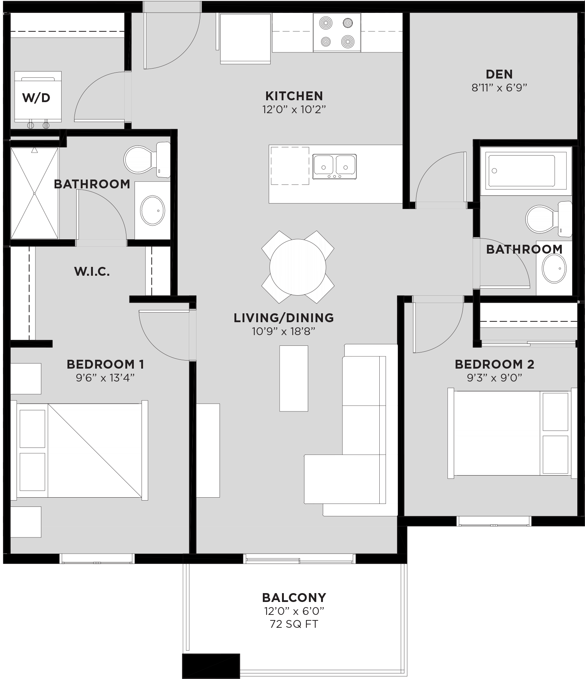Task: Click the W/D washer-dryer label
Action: tap(36, 98)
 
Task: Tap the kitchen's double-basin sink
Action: tap(334, 166)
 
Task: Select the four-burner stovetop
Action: tap(337, 33)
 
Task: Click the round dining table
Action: tap(297, 267)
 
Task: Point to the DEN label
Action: tap(499, 74)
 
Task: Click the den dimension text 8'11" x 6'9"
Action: tap(499, 88)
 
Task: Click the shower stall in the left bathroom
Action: tap(34, 193)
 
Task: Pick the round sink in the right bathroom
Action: tap(554, 268)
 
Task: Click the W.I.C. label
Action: tap(92, 272)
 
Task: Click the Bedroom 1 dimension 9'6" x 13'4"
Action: tap(105, 378)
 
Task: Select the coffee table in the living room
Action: tap(293, 378)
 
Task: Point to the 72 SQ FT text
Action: tap(294, 624)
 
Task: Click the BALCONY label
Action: tap(294, 598)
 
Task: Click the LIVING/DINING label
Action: tap(283, 318)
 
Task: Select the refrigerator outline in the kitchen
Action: tap(246, 38)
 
